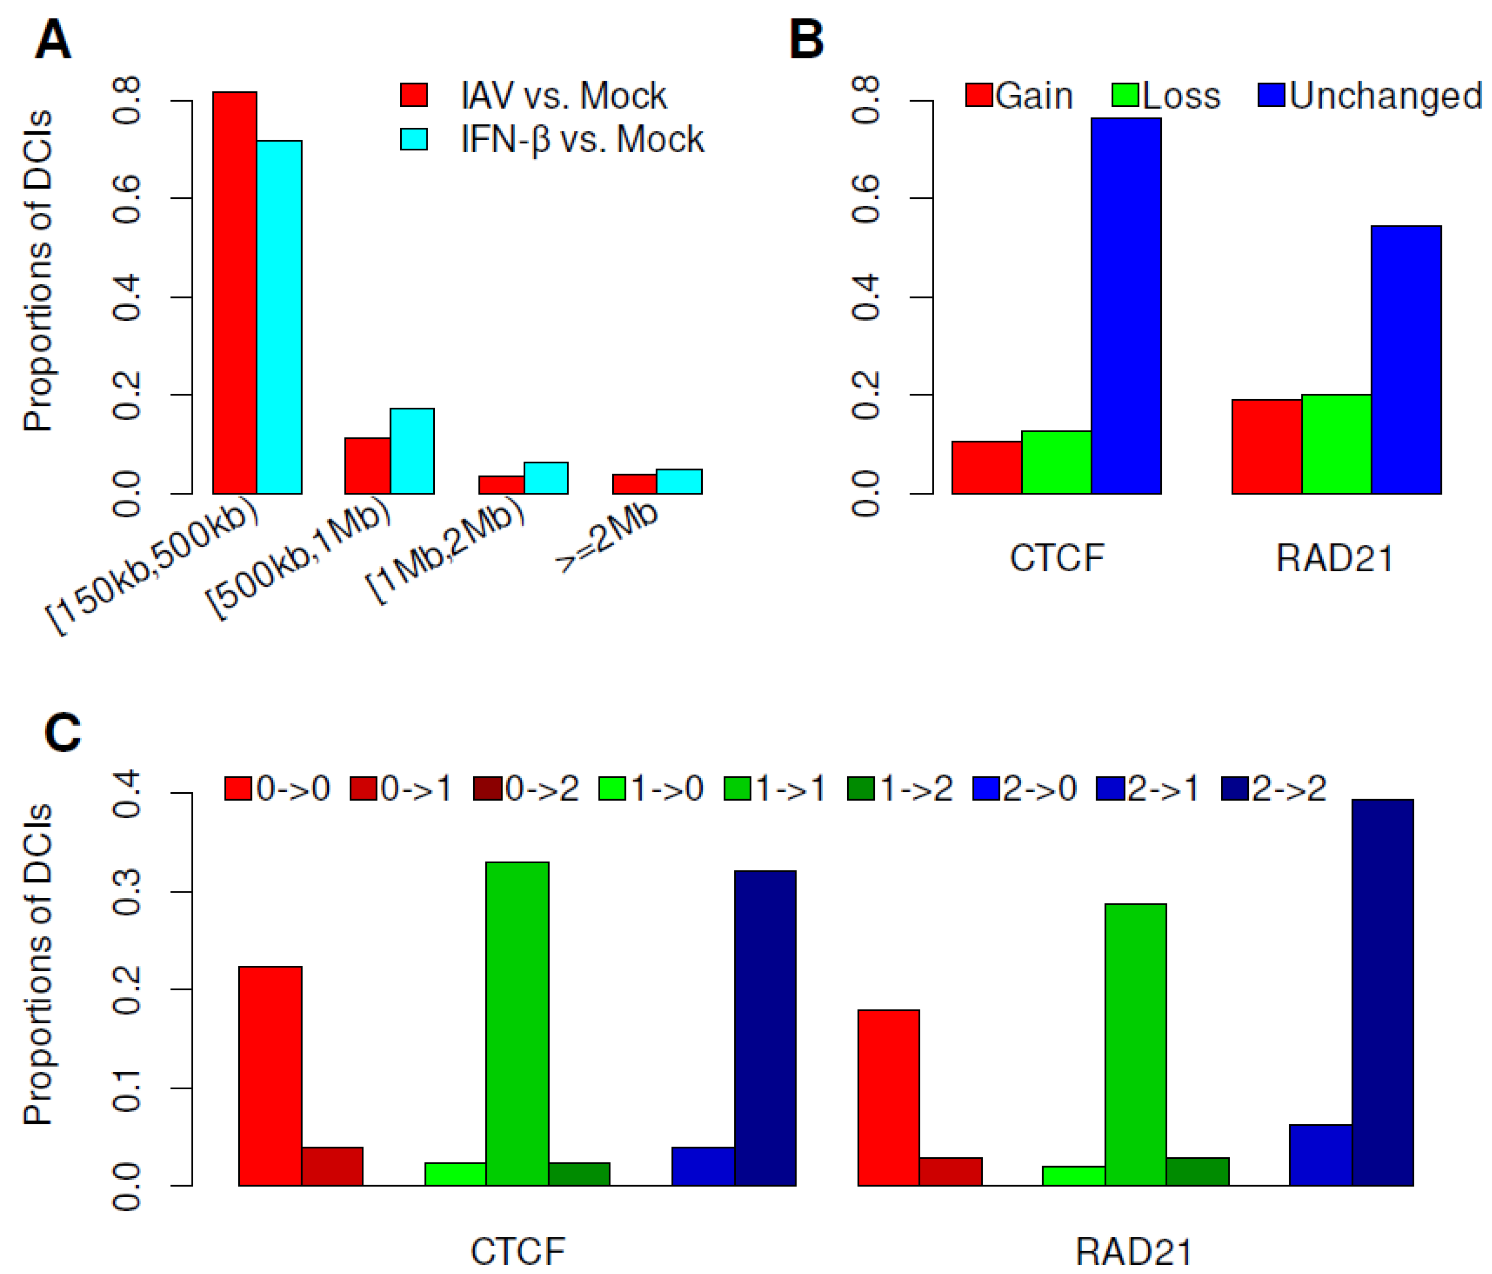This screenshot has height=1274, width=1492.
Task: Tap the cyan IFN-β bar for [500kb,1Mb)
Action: pyautogui.click(x=412, y=451)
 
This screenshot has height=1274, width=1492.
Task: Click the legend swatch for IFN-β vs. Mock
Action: pyautogui.click(x=414, y=139)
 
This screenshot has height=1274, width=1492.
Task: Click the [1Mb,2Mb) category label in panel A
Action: pyautogui.click(x=445, y=552)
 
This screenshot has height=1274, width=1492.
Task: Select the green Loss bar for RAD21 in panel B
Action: pyautogui.click(x=1336, y=444)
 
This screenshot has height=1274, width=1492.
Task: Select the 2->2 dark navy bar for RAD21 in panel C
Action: pyautogui.click(x=1383, y=993)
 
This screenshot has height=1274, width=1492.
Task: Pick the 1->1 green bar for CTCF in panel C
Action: pyautogui.click(x=517, y=1024)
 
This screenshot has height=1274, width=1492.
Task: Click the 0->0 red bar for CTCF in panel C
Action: pyautogui.click(x=270, y=1076)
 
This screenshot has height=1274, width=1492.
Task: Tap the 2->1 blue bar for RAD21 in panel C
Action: pyautogui.click(x=1320, y=1155)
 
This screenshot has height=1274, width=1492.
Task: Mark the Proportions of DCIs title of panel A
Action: pyautogui.click(x=38, y=271)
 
